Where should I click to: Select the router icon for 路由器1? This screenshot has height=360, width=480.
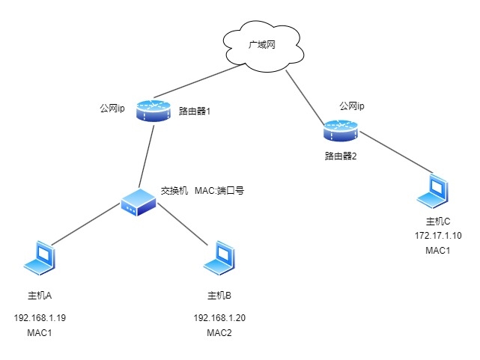(x=154, y=112)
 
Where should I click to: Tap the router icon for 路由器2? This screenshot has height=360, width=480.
(x=341, y=131)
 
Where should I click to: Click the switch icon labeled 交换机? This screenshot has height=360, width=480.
(x=139, y=200)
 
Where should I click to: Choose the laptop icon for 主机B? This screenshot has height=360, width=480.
(x=219, y=258)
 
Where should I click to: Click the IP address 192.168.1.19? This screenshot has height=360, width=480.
(x=40, y=318)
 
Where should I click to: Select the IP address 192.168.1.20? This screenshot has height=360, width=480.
(x=219, y=318)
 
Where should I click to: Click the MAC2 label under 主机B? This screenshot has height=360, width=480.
(x=219, y=333)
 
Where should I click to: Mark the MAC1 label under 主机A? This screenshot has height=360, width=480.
(x=40, y=333)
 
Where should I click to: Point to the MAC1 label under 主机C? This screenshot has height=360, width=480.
(x=438, y=250)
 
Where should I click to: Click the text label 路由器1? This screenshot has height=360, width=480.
(x=195, y=111)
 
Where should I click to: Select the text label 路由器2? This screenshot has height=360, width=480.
(x=340, y=156)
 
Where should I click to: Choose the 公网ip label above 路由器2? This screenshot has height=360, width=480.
(x=351, y=106)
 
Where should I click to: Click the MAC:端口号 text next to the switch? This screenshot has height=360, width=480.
(x=219, y=191)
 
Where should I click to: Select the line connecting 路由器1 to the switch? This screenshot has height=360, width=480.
(x=148, y=153)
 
